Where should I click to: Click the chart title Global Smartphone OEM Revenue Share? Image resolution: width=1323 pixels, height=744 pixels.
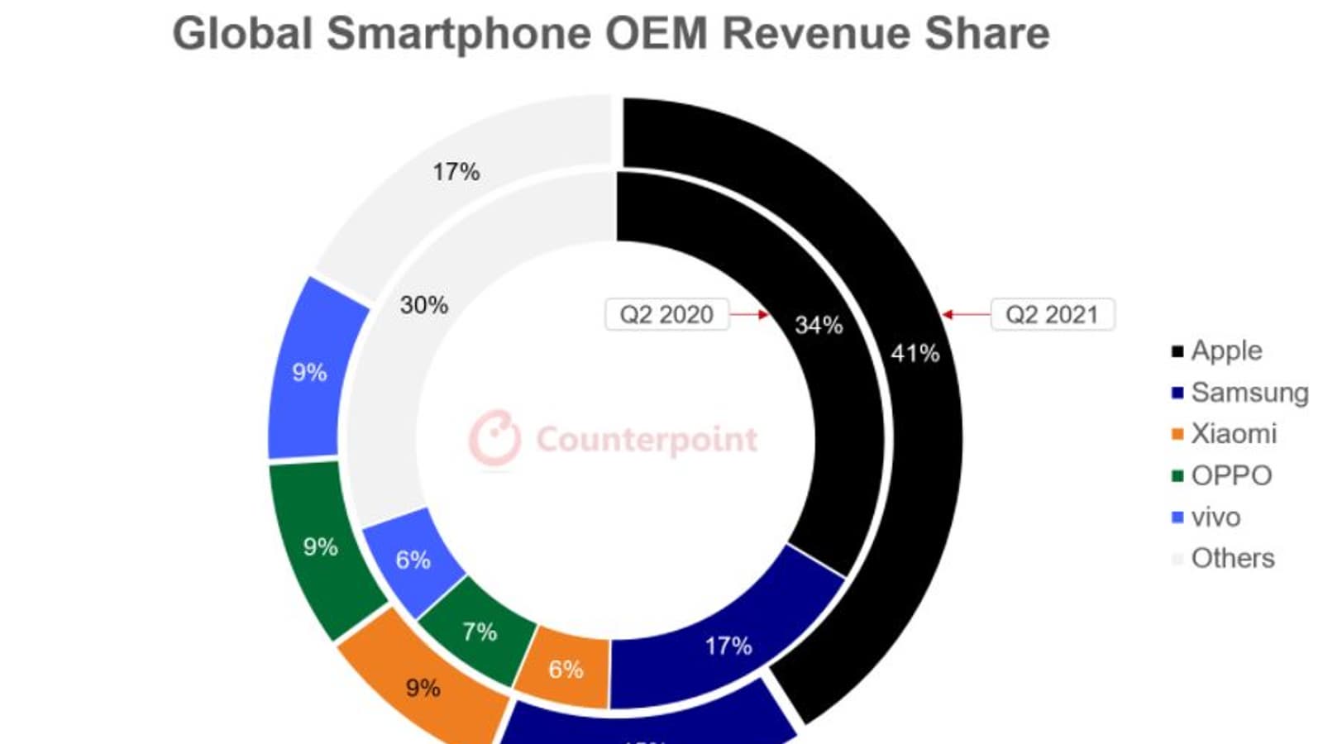tap(610, 35)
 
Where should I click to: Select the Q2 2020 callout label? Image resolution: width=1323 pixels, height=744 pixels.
tap(666, 315)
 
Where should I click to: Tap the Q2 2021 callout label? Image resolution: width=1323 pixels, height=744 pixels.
tap(1052, 315)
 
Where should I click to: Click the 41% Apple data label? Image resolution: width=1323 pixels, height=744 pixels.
tap(915, 354)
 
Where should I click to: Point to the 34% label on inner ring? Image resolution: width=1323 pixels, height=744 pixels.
tap(819, 325)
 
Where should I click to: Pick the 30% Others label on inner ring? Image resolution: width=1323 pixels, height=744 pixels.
tap(424, 305)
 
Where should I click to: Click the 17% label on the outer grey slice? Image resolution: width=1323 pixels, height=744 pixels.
tap(456, 172)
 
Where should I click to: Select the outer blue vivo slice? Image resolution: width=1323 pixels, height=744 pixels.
tap(314, 372)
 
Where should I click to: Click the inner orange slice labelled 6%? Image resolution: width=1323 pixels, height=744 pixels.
tap(566, 669)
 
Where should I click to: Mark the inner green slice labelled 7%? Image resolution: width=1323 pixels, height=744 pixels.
tap(480, 632)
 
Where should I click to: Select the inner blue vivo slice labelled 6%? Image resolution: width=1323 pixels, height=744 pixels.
tap(413, 560)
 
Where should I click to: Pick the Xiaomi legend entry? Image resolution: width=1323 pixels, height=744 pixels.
tap(1225, 434)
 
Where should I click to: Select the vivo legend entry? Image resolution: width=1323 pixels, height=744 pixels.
tap(1207, 517)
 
